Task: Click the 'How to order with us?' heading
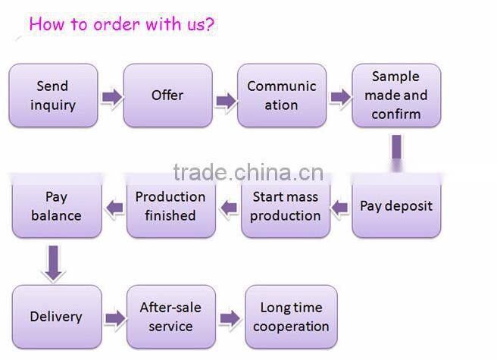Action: (x=121, y=23)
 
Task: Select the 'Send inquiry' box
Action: (x=53, y=95)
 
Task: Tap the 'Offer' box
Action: (x=167, y=95)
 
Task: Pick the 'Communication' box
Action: (x=281, y=95)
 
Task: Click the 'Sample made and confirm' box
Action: (x=395, y=95)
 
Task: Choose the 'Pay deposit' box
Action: (x=395, y=206)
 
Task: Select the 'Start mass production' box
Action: (x=285, y=206)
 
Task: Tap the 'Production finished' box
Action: (x=170, y=206)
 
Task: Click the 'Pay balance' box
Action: (x=56, y=206)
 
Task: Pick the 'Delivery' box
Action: (x=56, y=317)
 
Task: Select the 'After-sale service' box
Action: (x=170, y=317)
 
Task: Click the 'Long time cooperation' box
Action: (x=291, y=317)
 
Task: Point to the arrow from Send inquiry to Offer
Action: (x=111, y=96)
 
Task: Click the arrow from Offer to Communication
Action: (x=225, y=100)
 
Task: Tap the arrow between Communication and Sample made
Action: (x=339, y=97)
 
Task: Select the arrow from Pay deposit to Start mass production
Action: (x=341, y=205)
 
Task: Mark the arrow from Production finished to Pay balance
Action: (x=114, y=206)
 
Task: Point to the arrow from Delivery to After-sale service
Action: (x=114, y=318)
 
